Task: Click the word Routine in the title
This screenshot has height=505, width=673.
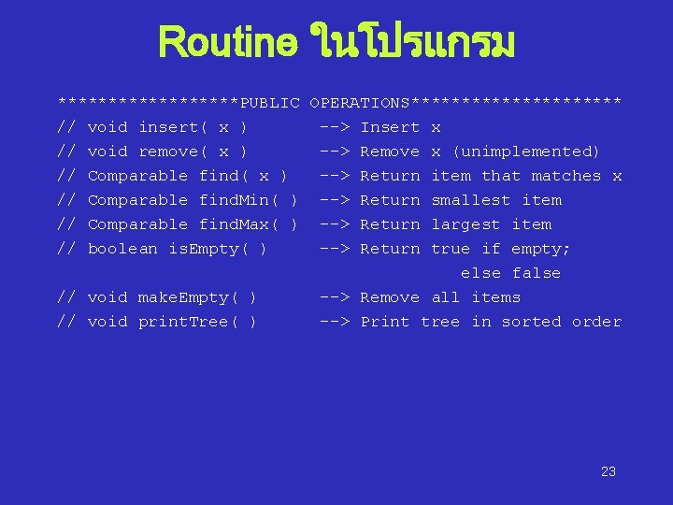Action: pyautogui.click(x=228, y=42)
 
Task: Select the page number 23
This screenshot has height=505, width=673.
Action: pyautogui.click(x=609, y=471)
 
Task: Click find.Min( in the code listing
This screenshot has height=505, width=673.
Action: pyautogui.click(x=240, y=200)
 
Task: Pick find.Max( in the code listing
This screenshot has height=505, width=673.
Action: pyautogui.click(x=240, y=224)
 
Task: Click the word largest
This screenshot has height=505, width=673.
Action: pyautogui.click(x=465, y=224)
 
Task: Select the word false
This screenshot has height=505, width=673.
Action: pyautogui.click(x=537, y=273)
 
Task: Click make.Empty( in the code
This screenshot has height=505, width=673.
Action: pyautogui.click(x=183, y=297)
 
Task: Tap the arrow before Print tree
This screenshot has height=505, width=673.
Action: pyautogui.click(x=335, y=322)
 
